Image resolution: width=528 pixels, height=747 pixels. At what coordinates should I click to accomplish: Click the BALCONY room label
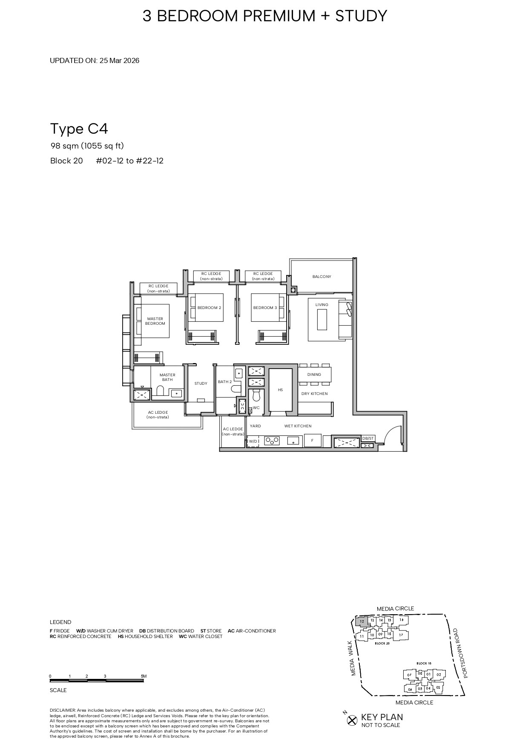[321, 277]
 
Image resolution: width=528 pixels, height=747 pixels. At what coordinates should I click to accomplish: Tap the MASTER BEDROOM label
[155, 321]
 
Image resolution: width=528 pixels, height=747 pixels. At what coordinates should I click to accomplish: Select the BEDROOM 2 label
[209, 308]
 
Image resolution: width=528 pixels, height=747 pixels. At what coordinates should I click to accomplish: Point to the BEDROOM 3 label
[265, 308]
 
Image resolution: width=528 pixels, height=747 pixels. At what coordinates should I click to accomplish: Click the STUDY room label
[201, 384]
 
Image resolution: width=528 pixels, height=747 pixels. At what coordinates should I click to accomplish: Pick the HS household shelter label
[280, 390]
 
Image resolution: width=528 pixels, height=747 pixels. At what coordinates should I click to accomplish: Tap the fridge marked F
[312, 441]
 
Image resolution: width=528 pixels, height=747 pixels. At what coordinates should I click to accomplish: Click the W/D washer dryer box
[253, 441]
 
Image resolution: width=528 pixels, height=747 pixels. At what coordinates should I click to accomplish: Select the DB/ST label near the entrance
[368, 438]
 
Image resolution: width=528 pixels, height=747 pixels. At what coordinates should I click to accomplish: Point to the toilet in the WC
[256, 395]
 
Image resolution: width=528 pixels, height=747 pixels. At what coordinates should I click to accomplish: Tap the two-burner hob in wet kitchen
[272, 441]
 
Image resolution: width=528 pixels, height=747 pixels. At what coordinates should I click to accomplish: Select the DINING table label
[314, 375]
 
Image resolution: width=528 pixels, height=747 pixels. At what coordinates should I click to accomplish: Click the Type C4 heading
[79, 129]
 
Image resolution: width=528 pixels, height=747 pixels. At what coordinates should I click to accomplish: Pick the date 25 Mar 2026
[119, 60]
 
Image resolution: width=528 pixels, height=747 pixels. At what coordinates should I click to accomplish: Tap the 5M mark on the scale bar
[143, 676]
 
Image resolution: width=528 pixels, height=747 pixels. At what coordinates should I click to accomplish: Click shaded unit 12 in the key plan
[362, 621]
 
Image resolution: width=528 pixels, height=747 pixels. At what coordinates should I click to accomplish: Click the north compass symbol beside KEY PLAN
[352, 720]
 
